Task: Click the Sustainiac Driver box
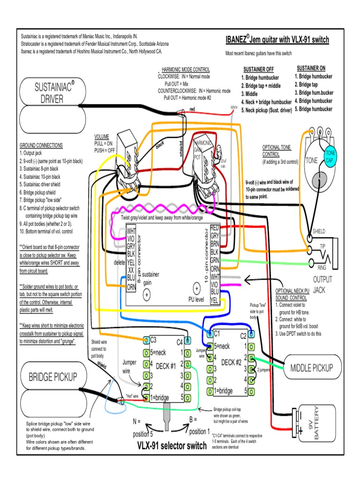coord(54,92)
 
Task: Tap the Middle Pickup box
coord(311,368)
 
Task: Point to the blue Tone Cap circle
coord(331,157)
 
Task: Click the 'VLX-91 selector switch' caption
coord(172,446)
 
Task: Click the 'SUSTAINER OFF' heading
coord(258,69)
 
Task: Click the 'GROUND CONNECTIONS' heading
coord(41,146)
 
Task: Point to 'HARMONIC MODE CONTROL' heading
coord(186,69)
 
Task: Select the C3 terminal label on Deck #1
coord(154,340)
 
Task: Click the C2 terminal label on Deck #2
coord(243,336)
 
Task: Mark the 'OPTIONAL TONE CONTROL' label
coord(277,150)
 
